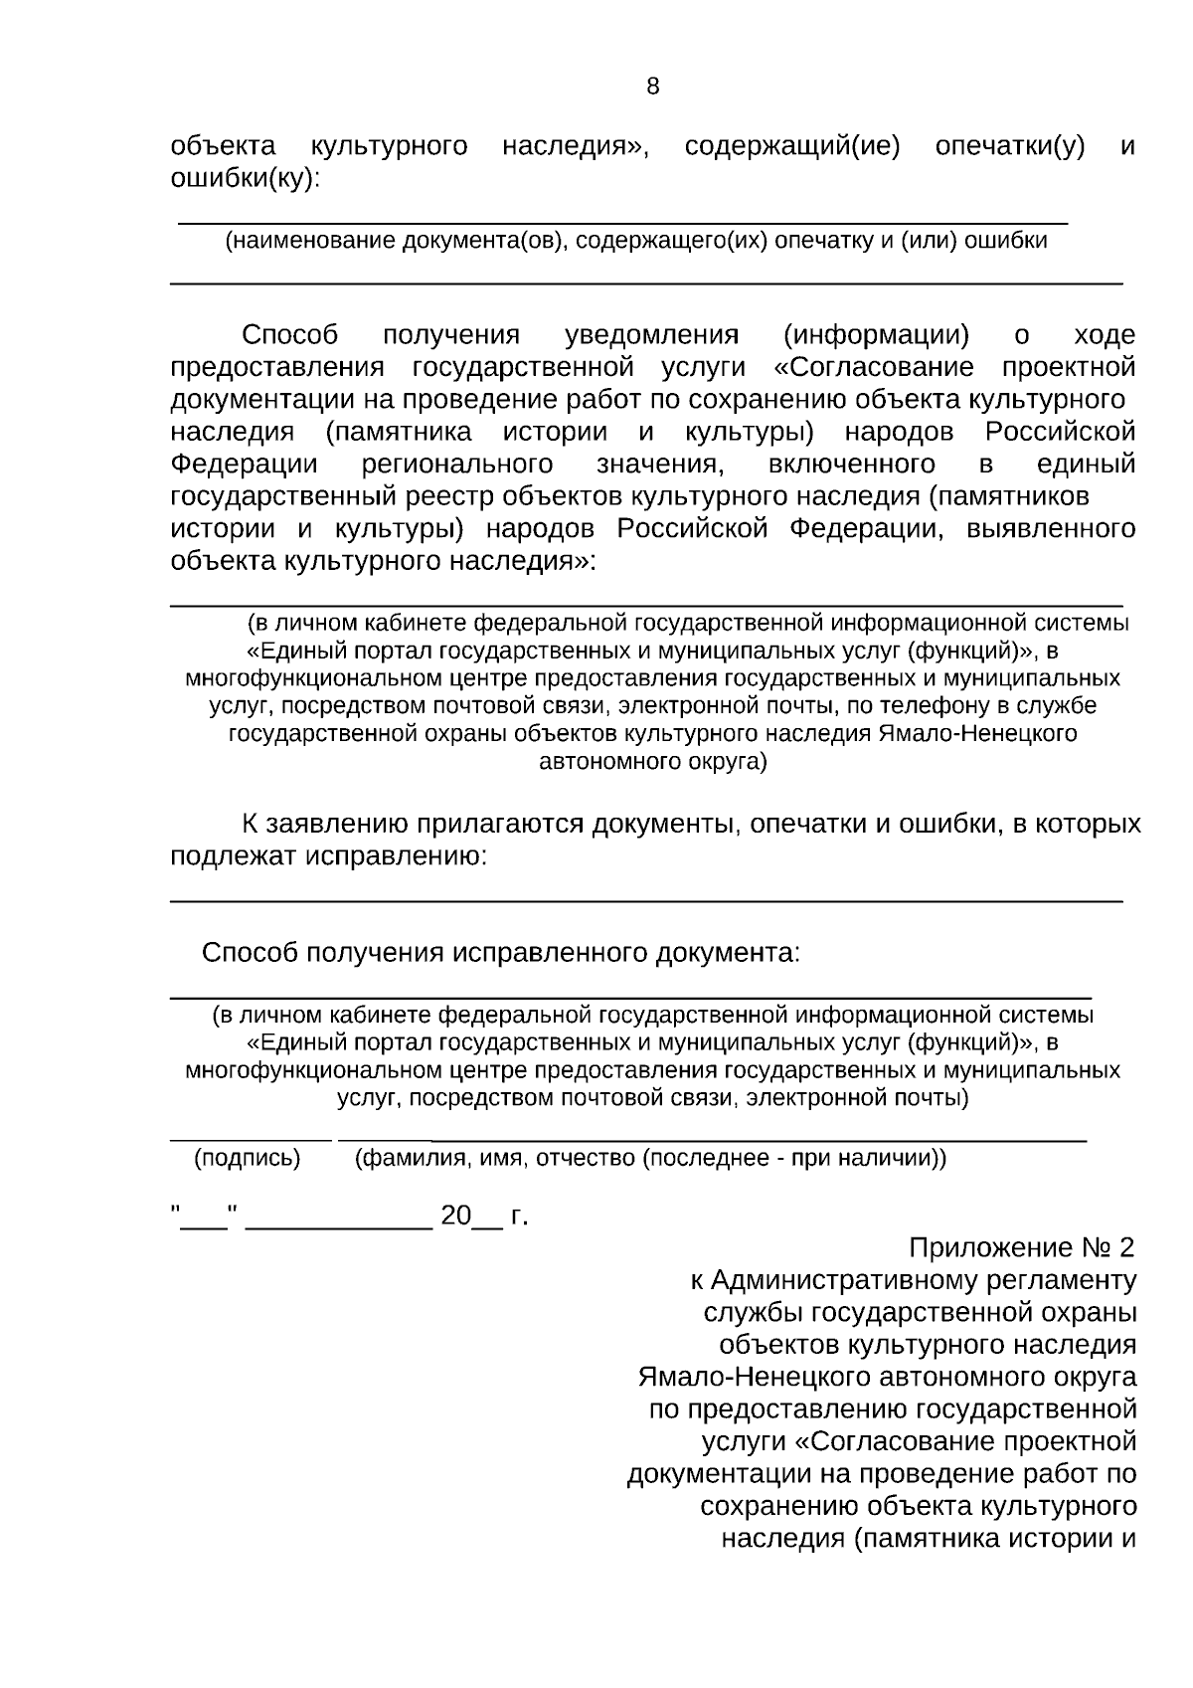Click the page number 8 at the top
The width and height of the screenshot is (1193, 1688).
click(652, 87)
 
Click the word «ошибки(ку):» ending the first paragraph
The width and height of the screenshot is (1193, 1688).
click(245, 178)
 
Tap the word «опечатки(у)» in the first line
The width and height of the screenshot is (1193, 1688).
click(1009, 146)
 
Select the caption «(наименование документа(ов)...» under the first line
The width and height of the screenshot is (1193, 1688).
click(635, 241)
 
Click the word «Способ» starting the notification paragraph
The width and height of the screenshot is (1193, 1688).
click(289, 334)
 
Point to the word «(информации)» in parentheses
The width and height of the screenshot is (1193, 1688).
click(875, 334)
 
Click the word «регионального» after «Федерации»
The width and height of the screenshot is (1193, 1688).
click(457, 464)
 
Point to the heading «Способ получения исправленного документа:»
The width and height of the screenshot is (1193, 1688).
click(500, 952)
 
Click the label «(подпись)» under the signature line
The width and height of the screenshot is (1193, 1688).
click(247, 1158)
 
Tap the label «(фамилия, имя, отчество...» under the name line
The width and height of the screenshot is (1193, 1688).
click(650, 1158)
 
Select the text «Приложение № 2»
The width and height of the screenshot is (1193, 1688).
click(1021, 1247)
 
